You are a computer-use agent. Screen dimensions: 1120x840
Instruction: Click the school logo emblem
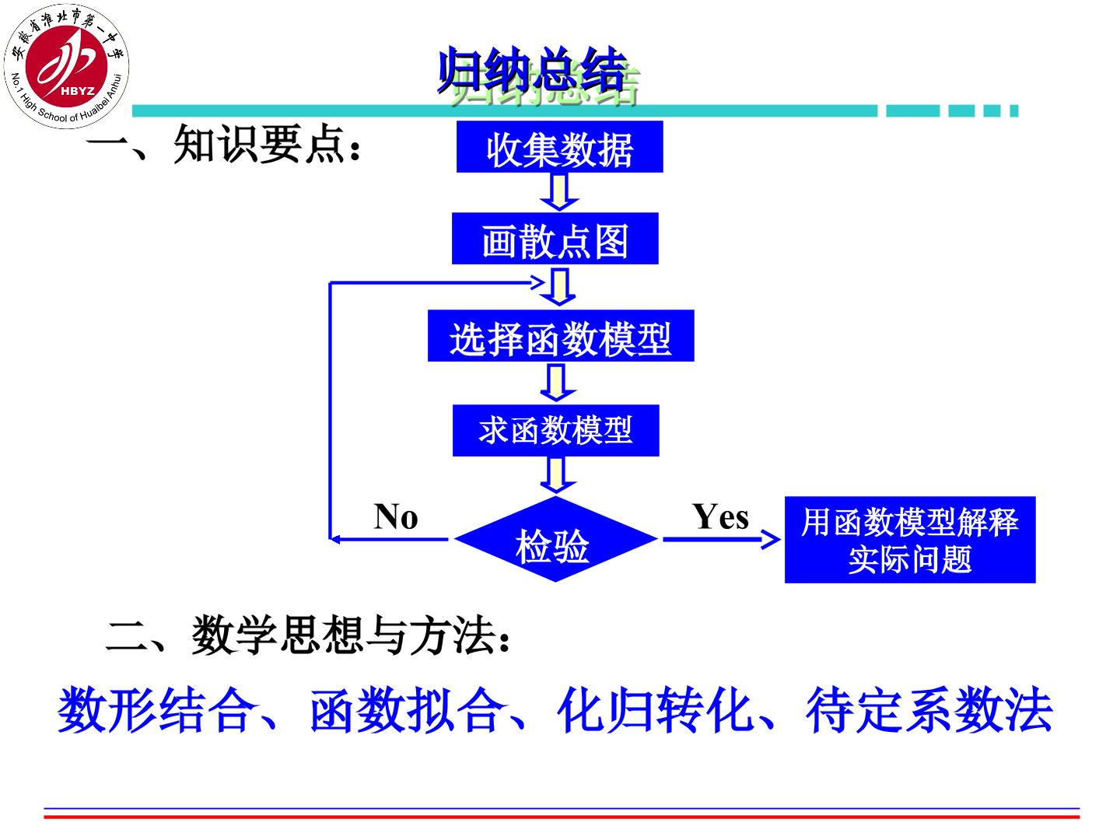66,66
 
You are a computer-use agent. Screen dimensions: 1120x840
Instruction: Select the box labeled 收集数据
559,146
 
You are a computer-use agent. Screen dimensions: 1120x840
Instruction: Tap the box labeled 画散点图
555,238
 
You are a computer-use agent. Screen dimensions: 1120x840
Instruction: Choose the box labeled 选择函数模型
560,335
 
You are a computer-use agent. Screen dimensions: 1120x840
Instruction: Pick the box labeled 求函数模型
555,430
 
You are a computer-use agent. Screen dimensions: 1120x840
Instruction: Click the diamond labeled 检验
555,539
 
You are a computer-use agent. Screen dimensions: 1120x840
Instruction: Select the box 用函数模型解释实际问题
910,540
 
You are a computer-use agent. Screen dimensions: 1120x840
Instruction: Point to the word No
395,516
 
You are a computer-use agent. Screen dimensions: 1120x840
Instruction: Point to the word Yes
720,516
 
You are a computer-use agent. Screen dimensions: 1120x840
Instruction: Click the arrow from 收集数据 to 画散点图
559,192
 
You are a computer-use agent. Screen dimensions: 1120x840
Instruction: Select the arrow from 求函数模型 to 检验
556,474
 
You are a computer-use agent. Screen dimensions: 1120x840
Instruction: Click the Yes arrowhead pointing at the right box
771,539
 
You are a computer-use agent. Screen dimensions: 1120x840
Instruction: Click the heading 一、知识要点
223,145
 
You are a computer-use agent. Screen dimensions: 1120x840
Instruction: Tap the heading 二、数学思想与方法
307,635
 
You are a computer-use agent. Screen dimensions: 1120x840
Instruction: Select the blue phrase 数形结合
156,709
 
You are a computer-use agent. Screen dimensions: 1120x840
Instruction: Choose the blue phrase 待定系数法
929,709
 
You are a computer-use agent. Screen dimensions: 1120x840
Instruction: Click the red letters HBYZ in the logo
78,91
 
